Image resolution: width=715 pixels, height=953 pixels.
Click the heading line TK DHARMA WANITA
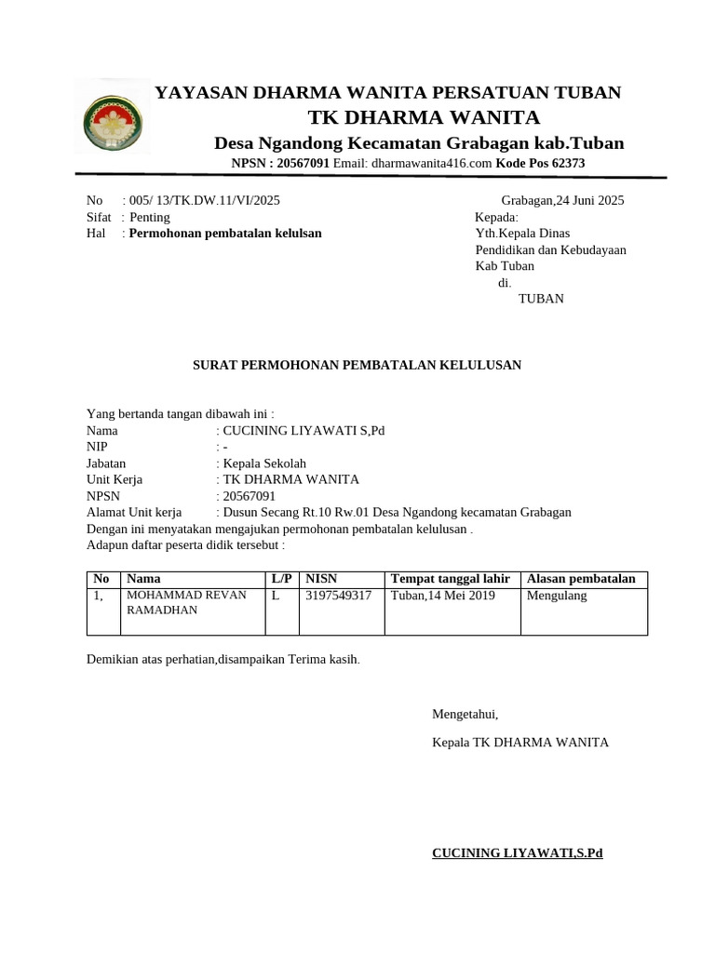pyautogui.click(x=424, y=117)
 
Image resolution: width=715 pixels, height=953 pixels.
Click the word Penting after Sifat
pyautogui.click(x=150, y=217)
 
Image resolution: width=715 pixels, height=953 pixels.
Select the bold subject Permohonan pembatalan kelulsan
pyautogui.click(x=225, y=234)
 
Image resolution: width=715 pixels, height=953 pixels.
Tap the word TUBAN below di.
pyautogui.click(x=540, y=299)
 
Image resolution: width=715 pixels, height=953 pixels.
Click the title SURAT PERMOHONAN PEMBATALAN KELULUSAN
pyautogui.click(x=357, y=365)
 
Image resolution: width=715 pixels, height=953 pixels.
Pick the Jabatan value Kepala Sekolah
pyautogui.click(x=264, y=463)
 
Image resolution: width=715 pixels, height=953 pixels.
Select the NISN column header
pyautogui.click(x=320, y=579)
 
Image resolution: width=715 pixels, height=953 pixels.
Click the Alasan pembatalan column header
pyautogui.click(x=581, y=579)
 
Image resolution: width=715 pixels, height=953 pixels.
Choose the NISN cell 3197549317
pyautogui.click(x=338, y=596)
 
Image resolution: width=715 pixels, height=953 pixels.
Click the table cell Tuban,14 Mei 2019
pyautogui.click(x=443, y=596)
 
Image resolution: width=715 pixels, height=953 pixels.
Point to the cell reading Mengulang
pyautogui.click(x=557, y=596)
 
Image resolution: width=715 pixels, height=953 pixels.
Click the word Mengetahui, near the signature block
pyautogui.click(x=465, y=715)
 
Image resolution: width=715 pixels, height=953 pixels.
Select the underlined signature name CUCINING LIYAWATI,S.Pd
pyautogui.click(x=518, y=852)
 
